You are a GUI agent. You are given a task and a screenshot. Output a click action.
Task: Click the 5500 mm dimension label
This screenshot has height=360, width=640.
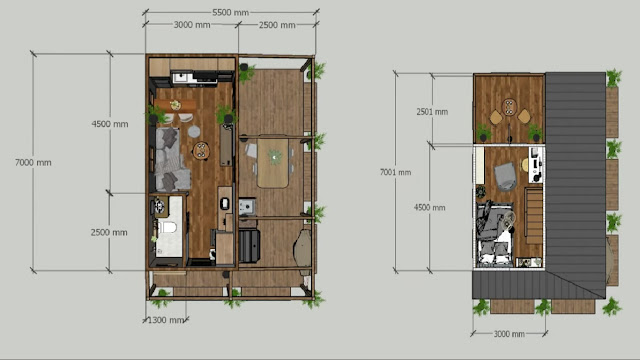[230, 13]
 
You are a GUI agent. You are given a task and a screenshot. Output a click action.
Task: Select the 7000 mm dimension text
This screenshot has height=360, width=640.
[33, 162]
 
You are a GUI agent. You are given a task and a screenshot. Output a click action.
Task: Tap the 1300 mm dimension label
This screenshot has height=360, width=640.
[165, 320]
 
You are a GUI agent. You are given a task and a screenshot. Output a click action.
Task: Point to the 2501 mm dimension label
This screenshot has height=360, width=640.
[432, 112]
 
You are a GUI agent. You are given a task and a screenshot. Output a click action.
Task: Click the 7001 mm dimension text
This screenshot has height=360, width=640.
[396, 172]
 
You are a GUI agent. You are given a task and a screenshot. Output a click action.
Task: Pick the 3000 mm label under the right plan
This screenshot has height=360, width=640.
[509, 334]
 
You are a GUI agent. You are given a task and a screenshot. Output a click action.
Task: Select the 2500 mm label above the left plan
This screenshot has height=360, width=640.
[277, 25]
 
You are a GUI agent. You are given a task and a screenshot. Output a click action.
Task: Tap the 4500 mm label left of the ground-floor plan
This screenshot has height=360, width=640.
[110, 124]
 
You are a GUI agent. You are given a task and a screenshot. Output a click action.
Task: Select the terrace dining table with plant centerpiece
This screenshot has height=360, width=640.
[273, 163]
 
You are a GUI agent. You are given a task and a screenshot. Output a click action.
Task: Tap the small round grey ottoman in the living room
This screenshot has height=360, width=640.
[194, 131]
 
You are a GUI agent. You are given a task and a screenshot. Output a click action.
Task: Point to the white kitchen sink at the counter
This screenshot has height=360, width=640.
[181, 77]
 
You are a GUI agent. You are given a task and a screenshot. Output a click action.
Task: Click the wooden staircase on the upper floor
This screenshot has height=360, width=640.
[533, 215]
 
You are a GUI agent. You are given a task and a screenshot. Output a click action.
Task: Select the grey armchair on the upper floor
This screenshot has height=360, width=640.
[505, 177]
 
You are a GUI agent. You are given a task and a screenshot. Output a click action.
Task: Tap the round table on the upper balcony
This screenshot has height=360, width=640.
[509, 107]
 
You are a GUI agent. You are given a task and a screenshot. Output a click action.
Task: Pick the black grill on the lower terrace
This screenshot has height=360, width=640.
[249, 246]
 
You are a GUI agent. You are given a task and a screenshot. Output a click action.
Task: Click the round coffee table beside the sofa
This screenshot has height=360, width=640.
[201, 150]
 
